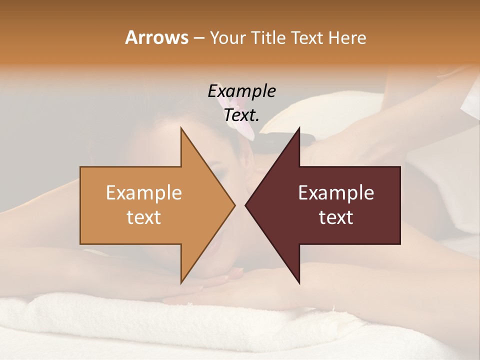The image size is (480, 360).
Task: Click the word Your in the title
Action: (227, 37)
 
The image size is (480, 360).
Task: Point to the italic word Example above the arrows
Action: (241, 91)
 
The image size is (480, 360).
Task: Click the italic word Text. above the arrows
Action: (241, 115)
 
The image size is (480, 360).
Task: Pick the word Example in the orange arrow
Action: (144, 193)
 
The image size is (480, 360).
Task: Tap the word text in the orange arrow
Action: (144, 217)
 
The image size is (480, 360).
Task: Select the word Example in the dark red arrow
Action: (336, 193)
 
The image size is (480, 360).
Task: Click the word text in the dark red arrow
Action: (336, 217)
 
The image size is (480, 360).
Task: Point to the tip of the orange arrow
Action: (234, 205)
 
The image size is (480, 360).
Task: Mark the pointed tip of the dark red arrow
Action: (245, 205)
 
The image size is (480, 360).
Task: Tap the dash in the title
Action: (198, 38)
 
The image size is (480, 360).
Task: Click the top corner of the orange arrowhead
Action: (181, 127)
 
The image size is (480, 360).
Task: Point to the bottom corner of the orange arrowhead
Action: (181, 283)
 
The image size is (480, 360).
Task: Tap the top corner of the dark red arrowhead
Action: (299, 127)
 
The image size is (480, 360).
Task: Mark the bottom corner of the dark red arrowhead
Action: (299, 283)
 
